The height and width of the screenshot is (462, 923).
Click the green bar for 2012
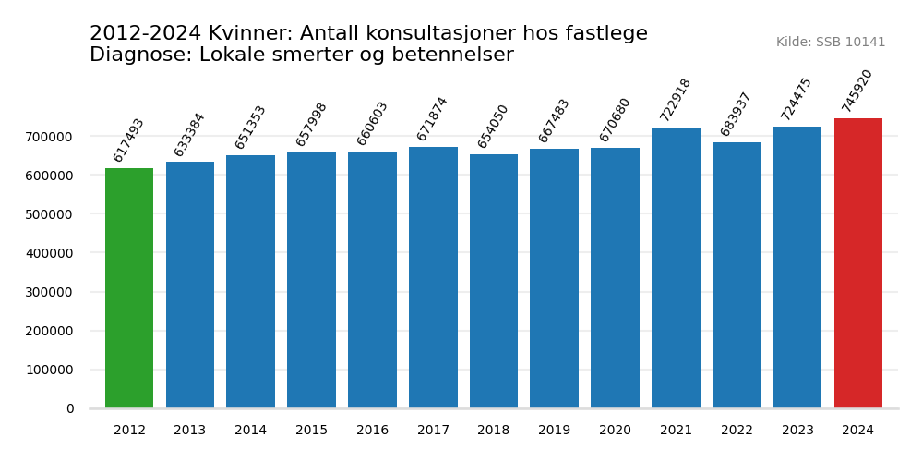tap(129, 288)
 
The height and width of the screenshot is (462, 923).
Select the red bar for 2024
tap(858, 263)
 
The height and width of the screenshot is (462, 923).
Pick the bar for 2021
tap(676, 268)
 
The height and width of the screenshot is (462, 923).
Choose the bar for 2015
tap(311, 280)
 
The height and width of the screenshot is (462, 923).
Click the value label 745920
tap(857, 91)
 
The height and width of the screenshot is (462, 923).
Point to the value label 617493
tap(129, 140)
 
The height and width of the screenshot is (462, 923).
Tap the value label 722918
tap(676, 100)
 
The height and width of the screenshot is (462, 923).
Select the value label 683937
tap(737, 115)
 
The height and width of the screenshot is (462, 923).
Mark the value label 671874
tap(432, 119)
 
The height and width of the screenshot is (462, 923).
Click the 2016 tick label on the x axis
tap(372, 431)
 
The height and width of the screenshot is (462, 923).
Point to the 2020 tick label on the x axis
tap(615, 431)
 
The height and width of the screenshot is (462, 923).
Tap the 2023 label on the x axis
tap(797, 431)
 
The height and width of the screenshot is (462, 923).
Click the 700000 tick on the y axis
tap(49, 137)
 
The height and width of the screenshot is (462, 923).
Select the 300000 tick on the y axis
tap(49, 292)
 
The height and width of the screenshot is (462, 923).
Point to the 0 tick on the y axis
tap(70, 408)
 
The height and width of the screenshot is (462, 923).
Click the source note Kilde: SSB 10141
tap(831, 43)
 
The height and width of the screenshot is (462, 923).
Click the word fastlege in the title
tap(605, 34)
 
